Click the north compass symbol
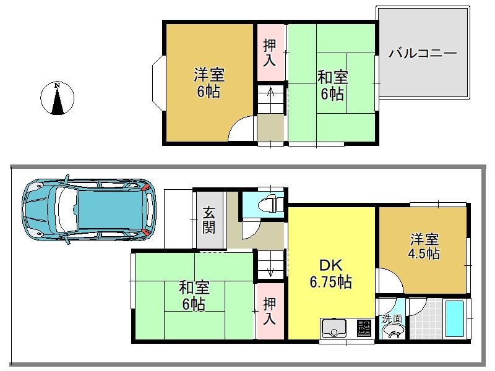[x=57, y=98]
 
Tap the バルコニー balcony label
[x=423, y=53]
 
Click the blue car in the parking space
[x=89, y=210]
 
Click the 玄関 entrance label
[x=209, y=220]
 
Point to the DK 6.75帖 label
[x=330, y=274]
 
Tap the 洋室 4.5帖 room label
[x=424, y=246]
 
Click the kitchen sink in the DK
[x=334, y=329]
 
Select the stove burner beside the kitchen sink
[x=364, y=329]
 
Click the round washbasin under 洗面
[x=393, y=332]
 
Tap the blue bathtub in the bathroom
[x=455, y=318]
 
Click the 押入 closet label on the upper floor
[x=270, y=53]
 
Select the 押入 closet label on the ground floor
[x=269, y=311]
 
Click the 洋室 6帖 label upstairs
[x=209, y=83]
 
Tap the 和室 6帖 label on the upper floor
[x=333, y=85]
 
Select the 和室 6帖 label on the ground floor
[x=194, y=296]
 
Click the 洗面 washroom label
[x=392, y=318]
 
